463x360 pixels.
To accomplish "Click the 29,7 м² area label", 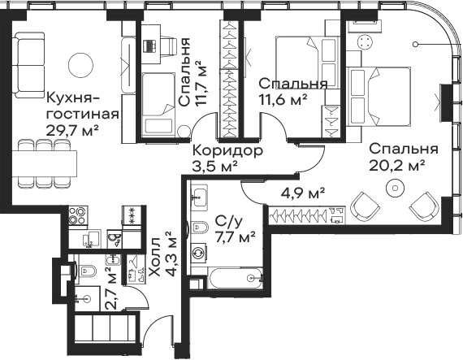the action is point(72,130).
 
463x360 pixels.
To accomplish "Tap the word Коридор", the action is point(227,151).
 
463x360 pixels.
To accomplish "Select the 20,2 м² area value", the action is point(397,166).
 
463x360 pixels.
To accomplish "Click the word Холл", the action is point(156,257).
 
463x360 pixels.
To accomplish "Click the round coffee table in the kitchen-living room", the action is point(80,65).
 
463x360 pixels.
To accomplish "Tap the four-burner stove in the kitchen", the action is point(78,216).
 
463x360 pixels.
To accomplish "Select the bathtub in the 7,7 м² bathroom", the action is point(235,278).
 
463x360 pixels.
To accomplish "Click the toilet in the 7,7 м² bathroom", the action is point(200,227).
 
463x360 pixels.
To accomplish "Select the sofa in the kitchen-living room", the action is point(29,65).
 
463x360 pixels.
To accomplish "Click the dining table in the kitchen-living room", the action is point(45,163).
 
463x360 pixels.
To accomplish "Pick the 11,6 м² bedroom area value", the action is point(283,100).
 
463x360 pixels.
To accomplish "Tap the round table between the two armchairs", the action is point(395,188).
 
